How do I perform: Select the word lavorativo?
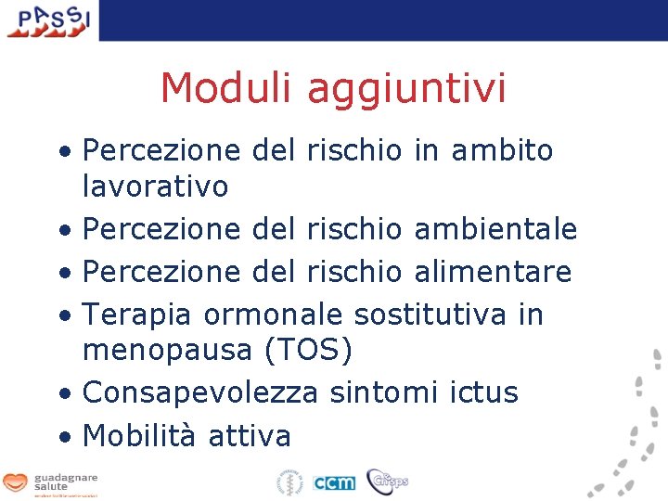point(155,186)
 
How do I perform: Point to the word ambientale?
point(495,228)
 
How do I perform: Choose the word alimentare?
point(493,271)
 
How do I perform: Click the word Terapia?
point(138,315)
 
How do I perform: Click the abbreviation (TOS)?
point(307,351)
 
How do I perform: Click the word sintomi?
point(382,392)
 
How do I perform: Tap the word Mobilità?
point(139,435)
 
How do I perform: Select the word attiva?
point(250,435)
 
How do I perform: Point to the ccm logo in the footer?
point(333,482)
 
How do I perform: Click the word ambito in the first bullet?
point(502,149)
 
